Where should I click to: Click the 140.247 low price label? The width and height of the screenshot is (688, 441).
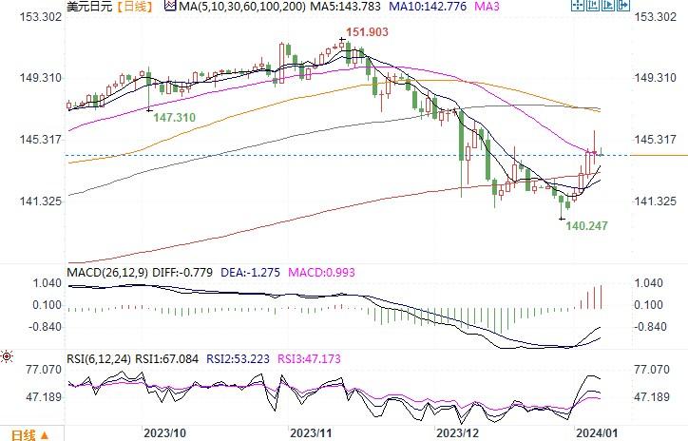tap(587, 226)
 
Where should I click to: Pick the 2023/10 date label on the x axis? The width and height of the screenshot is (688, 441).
tap(166, 432)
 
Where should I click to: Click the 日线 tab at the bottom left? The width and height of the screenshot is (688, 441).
tap(23, 434)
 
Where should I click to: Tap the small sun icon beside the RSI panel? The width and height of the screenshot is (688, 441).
tap(8, 357)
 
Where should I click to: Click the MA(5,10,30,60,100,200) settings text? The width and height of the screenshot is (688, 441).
tap(239, 7)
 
